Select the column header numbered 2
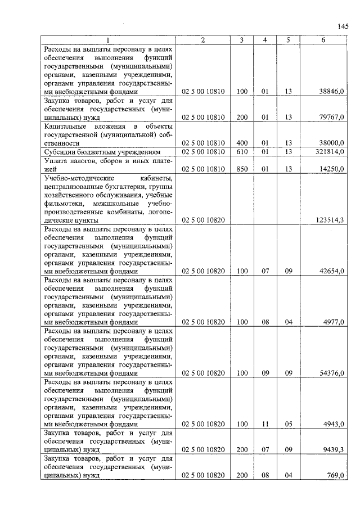pos(203,40)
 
